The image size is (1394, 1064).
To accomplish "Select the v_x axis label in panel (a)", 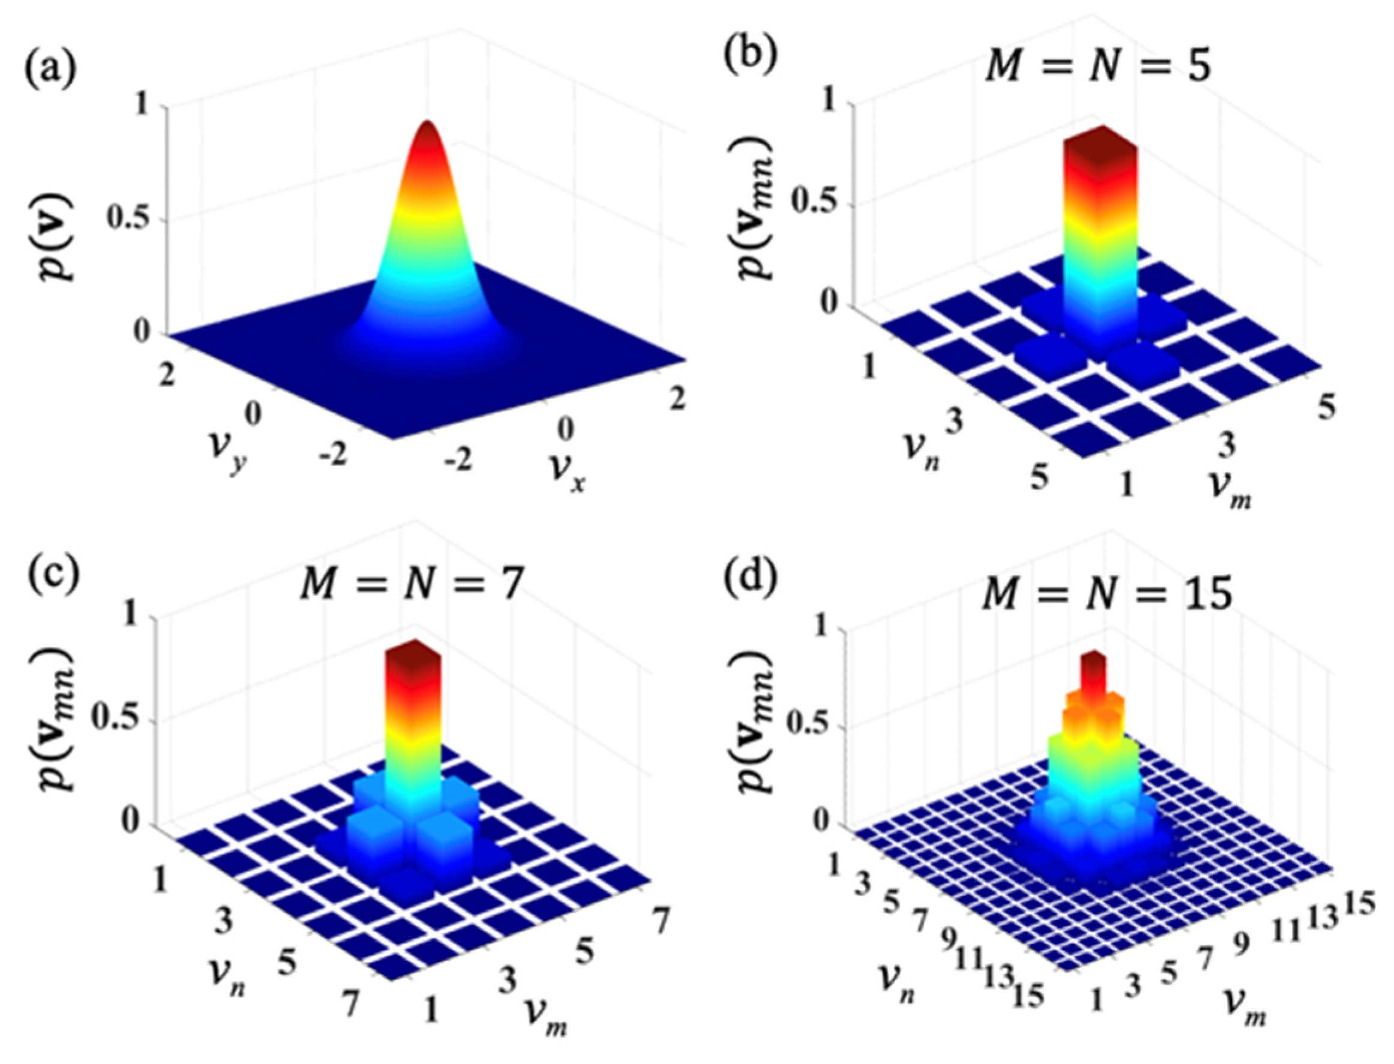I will [570, 485].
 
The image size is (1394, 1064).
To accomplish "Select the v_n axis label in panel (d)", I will [896, 988].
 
